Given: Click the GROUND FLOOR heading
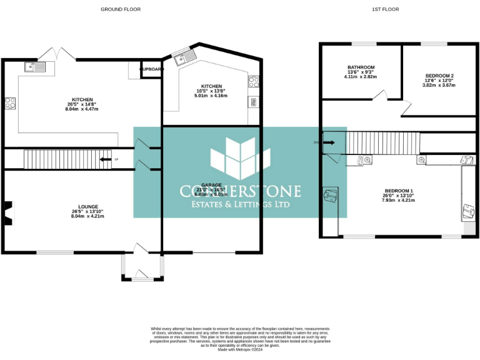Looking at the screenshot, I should click(121, 9).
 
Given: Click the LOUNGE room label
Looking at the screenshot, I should click(87, 206).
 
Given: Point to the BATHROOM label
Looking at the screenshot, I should click(361, 67).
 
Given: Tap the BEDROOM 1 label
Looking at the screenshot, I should click(398, 191).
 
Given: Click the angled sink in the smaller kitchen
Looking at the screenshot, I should click(185, 58).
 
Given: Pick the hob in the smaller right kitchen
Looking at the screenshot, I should click(254, 81).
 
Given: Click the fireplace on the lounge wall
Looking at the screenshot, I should click(7, 212).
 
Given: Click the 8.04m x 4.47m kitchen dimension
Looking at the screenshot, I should click(82, 109).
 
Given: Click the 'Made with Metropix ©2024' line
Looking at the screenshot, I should click(239, 350).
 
